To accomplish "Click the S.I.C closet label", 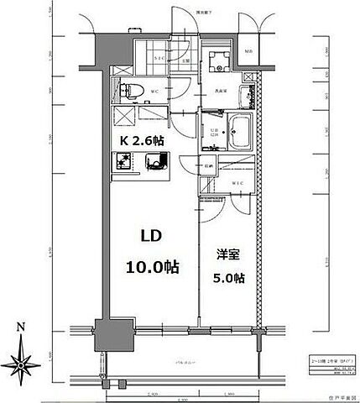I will click(160, 58).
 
